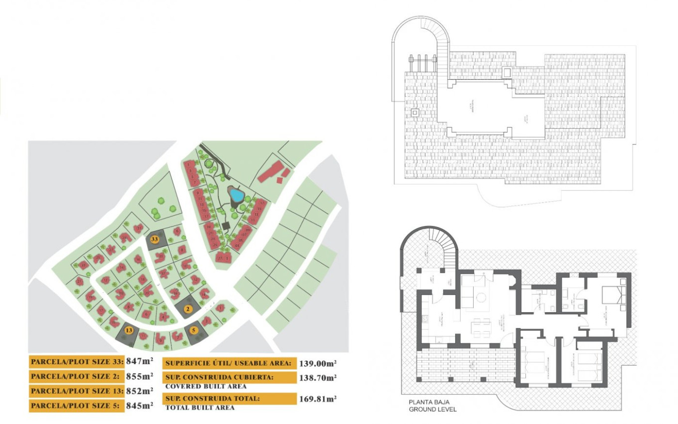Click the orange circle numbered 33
155,239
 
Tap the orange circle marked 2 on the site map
188,309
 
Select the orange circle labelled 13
129,330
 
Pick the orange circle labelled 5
194,330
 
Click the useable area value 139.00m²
318,363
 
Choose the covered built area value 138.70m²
318,378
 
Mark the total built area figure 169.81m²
318,399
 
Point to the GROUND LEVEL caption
432,410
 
